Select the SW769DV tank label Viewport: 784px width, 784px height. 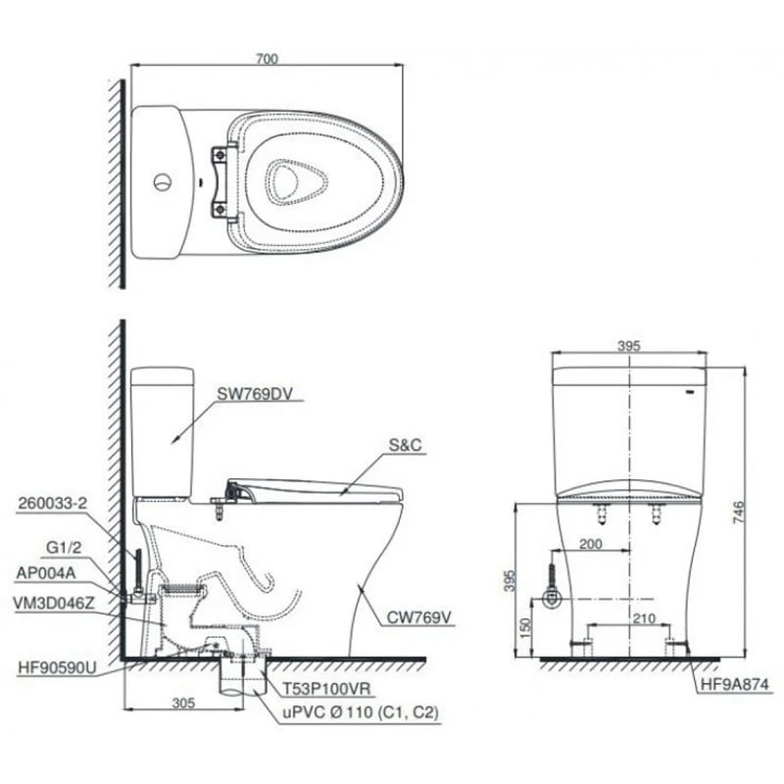coord(254,394)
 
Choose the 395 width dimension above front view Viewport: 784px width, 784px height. coord(627,346)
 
